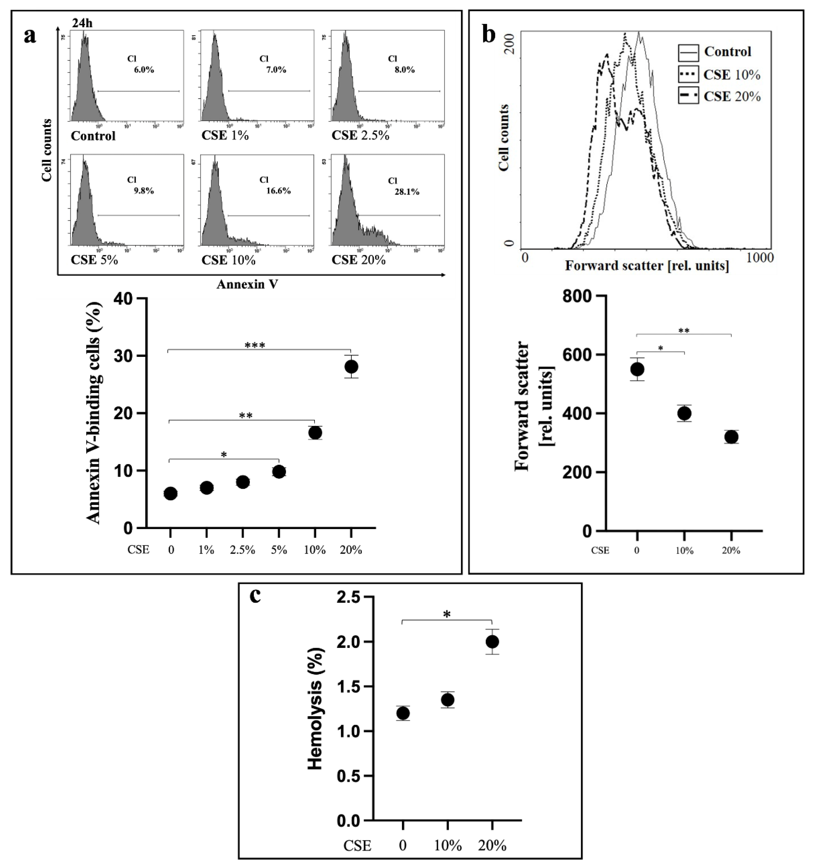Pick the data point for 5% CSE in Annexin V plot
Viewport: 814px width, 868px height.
[279, 471]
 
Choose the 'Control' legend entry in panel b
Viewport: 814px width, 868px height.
[727, 52]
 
